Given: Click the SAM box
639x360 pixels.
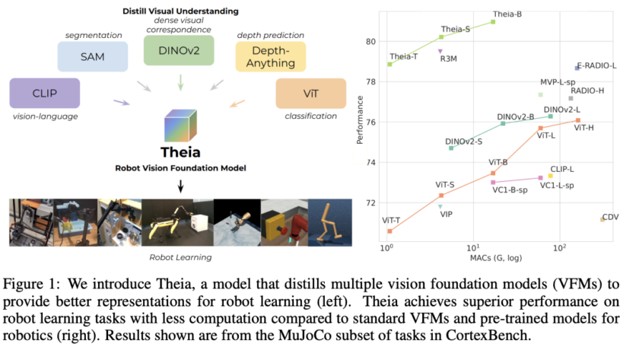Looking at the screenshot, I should (x=93, y=57).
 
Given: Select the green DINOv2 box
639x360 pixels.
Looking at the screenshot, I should (x=180, y=51).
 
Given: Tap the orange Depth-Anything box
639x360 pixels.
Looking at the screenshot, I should (x=270, y=57).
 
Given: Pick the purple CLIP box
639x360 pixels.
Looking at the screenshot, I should (x=44, y=92).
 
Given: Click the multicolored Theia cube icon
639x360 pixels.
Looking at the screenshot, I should (x=180, y=125).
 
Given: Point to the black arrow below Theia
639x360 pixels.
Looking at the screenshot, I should (x=180, y=186).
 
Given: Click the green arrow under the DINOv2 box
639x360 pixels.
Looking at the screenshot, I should (x=180, y=81).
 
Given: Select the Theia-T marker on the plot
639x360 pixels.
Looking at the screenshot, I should (x=389, y=64).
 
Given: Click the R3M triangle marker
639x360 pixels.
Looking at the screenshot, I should (x=440, y=51).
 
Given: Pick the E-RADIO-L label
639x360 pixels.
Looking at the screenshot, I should (x=597, y=66).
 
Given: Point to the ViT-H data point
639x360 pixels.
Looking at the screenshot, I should (x=578, y=120).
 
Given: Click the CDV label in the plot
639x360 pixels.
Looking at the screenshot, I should (x=610, y=218).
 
